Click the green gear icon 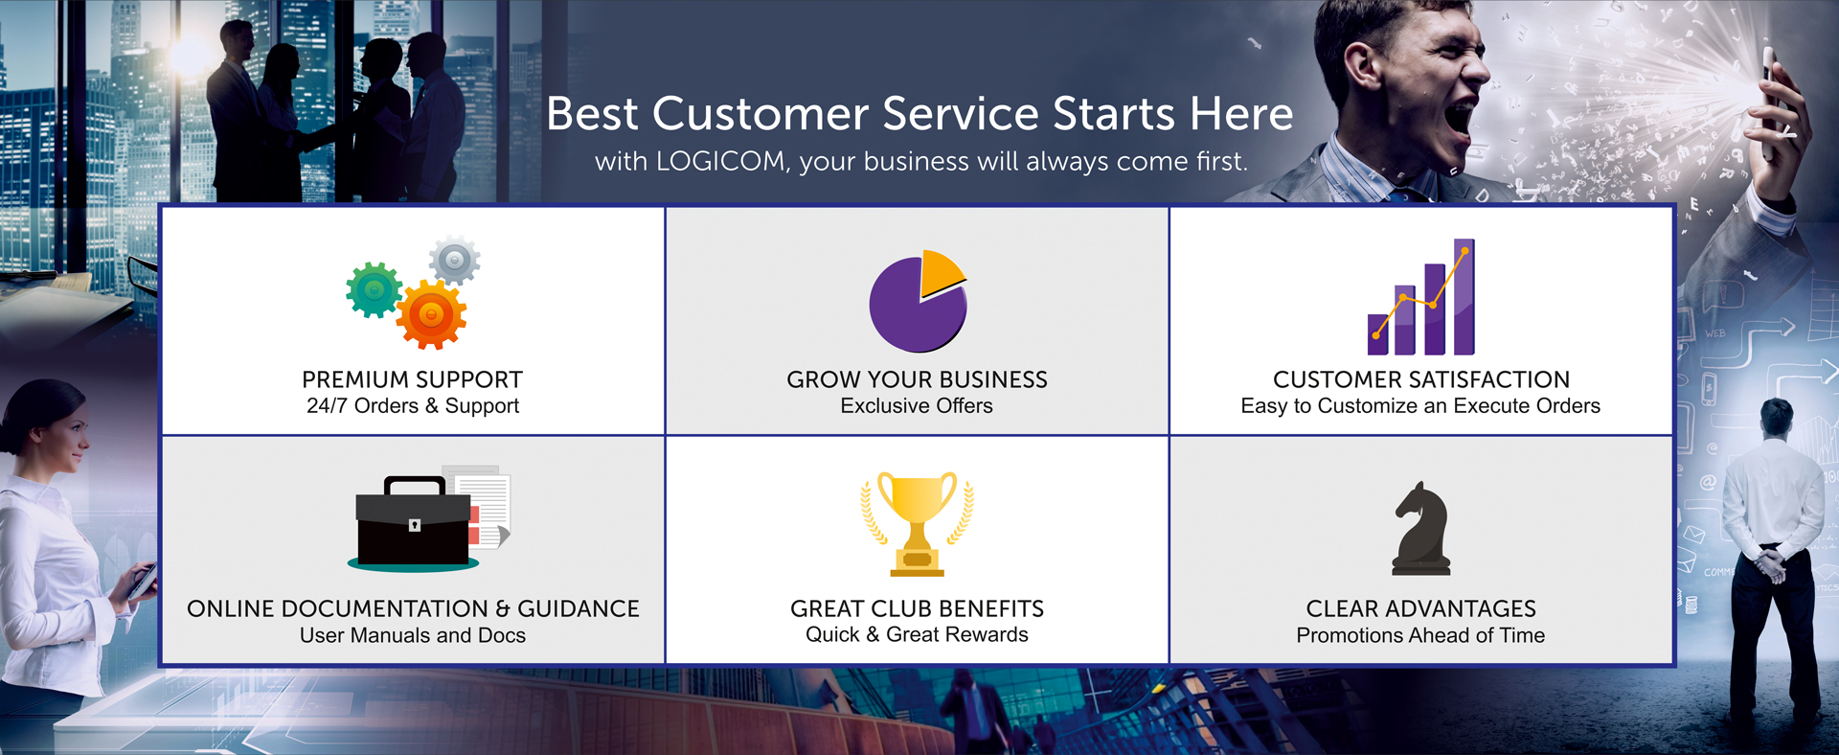coord(375,289)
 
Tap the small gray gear coord(455,260)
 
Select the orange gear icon coord(431,314)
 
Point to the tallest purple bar coord(1464,297)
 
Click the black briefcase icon coord(414,522)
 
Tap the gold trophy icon coord(917,523)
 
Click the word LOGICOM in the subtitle coord(720,161)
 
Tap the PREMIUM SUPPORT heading coord(413,379)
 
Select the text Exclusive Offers coord(917,405)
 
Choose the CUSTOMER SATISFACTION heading coord(1421,379)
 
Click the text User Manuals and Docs coord(413,635)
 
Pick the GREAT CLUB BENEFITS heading coord(917,608)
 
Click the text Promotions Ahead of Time coord(1420,635)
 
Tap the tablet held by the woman coord(143,581)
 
